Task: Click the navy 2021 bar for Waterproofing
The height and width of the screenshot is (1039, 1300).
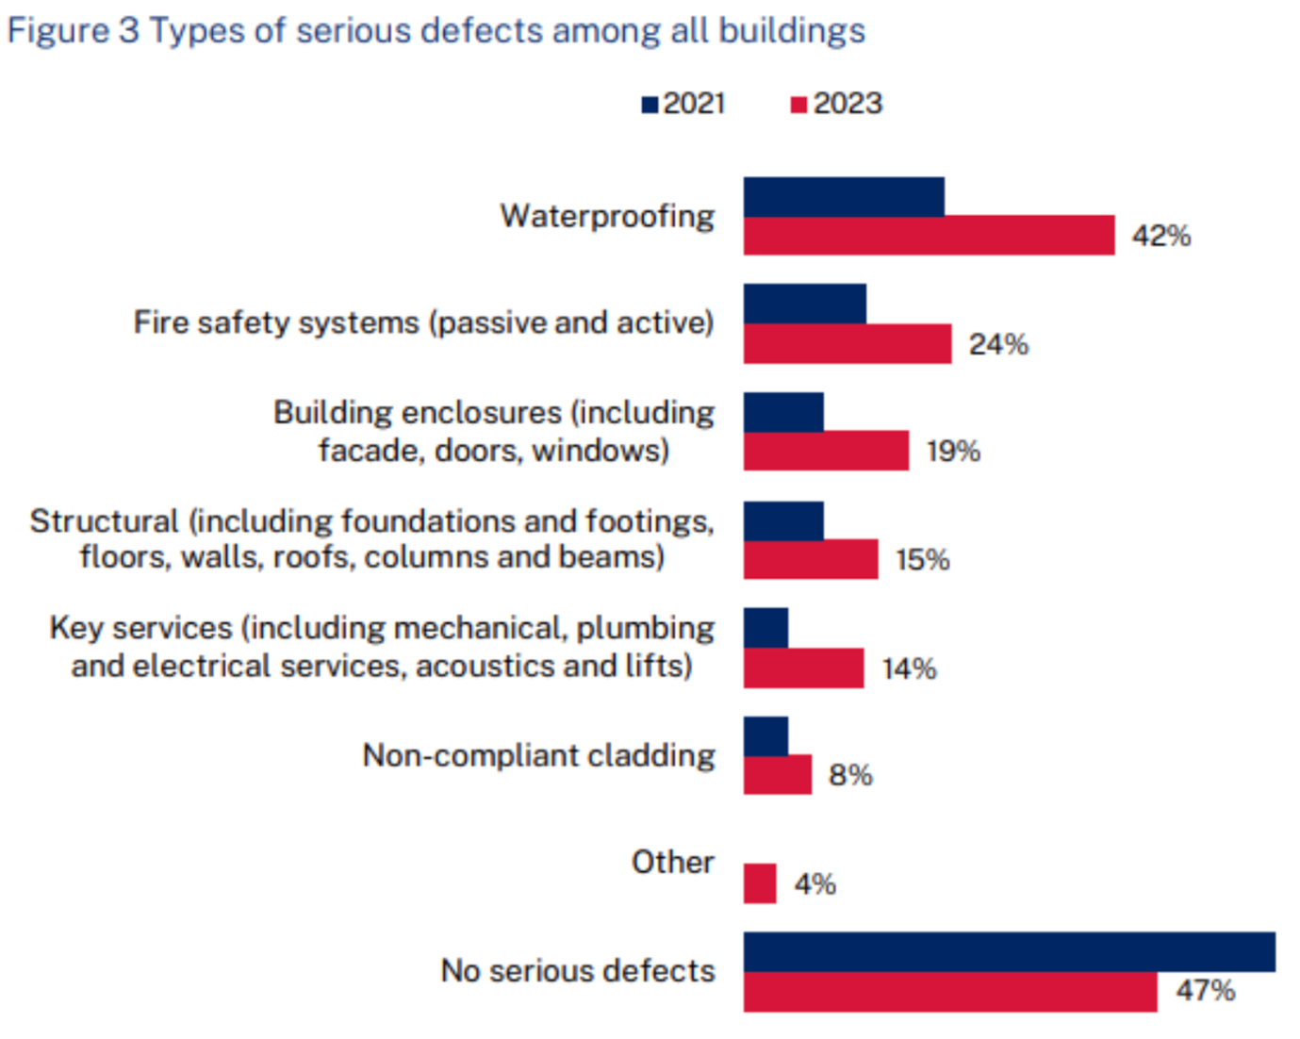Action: (x=844, y=197)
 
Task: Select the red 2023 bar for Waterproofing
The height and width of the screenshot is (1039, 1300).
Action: (x=929, y=236)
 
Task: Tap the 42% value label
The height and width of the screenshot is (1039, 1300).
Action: (x=1161, y=236)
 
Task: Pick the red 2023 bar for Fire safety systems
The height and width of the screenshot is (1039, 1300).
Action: (x=847, y=344)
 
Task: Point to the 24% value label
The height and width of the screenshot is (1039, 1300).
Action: (x=998, y=344)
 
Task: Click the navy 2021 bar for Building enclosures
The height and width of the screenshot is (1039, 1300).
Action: (x=783, y=412)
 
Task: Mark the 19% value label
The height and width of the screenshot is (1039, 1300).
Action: (x=953, y=452)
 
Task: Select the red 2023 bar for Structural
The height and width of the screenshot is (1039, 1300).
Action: (x=811, y=559)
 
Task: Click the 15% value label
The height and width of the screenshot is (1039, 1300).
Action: (x=922, y=560)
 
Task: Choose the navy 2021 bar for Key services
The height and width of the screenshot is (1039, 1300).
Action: (x=765, y=628)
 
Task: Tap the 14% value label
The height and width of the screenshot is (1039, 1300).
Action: (x=909, y=669)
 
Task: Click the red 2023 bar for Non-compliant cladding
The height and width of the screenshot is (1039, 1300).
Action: (x=777, y=775)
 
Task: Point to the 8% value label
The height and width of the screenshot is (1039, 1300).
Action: (x=850, y=775)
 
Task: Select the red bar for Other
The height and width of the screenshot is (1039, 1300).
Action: (x=760, y=884)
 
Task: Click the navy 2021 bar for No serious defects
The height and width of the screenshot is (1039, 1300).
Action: (x=1009, y=952)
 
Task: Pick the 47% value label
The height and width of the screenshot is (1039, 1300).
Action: (x=1206, y=991)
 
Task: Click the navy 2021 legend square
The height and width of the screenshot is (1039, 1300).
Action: (x=650, y=105)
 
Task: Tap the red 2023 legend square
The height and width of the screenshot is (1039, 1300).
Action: (x=798, y=105)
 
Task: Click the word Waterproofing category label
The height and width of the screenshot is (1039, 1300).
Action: (x=607, y=216)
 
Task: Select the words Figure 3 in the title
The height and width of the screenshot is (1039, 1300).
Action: (x=73, y=30)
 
